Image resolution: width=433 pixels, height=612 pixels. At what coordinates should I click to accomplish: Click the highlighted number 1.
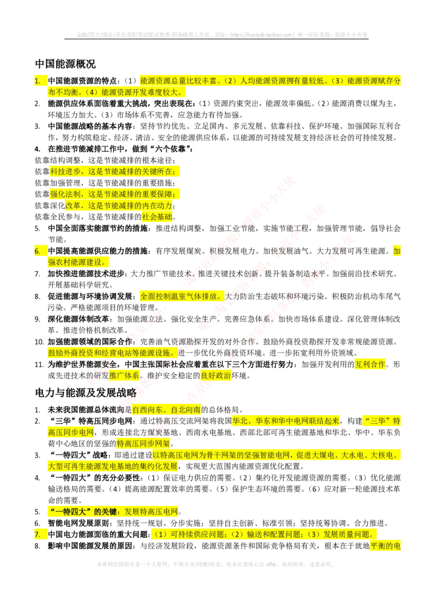coord(37,81)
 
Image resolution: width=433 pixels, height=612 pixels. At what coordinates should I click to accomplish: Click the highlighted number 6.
coord(37,250)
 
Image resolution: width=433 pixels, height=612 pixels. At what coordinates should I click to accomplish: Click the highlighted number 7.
coord(37,534)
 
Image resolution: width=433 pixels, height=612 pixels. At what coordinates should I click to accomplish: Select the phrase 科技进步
coord(66,171)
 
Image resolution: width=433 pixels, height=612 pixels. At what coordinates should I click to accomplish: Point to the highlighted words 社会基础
coord(157,217)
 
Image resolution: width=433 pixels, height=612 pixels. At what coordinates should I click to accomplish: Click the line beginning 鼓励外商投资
coord(111,352)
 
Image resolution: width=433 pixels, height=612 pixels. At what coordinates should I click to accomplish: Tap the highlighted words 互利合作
coord(371,364)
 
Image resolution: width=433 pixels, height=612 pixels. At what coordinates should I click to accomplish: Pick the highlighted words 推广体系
coord(125,375)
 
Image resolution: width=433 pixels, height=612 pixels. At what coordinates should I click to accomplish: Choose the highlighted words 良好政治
coord(216,375)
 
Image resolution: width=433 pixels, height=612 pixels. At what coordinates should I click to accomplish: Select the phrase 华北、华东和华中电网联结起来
coord(287,421)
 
